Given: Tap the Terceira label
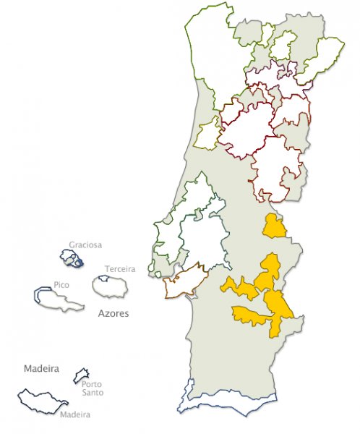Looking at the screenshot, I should (119, 269).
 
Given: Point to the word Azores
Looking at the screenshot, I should (113, 315).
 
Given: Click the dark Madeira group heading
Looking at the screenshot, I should (40, 367).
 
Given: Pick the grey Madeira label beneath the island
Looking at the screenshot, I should (75, 414).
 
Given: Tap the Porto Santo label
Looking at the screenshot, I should (92, 388).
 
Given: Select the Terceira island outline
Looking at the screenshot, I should (111, 286).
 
